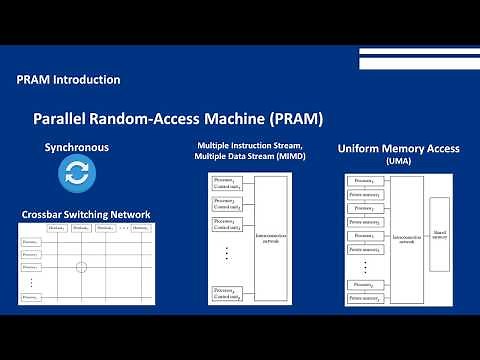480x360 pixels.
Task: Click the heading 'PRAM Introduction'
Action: point(69,79)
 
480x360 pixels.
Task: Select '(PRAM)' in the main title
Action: point(291,119)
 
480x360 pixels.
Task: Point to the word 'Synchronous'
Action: point(76,148)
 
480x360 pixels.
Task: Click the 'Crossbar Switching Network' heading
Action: point(86,215)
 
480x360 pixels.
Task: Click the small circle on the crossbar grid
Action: point(82,266)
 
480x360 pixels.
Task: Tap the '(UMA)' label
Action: point(398,161)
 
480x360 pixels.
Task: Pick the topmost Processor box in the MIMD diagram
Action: point(227,183)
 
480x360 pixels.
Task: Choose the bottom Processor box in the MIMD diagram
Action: point(227,293)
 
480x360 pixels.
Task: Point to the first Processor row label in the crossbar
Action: point(31,241)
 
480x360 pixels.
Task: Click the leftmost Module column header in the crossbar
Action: point(56,229)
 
